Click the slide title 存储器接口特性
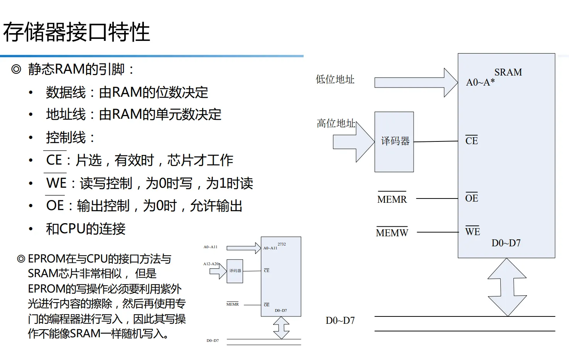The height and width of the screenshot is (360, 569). click(76, 32)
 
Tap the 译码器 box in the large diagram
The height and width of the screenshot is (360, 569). click(394, 141)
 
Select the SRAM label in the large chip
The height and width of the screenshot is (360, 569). click(508, 72)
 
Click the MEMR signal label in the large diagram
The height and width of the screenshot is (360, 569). click(392, 199)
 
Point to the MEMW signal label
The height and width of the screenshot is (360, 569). click(392, 233)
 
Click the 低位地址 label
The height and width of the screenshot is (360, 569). click(335, 79)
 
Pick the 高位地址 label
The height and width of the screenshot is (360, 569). click(336, 123)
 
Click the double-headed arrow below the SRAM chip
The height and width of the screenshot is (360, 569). click(507, 287)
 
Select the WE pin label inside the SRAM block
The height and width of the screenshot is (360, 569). click(472, 232)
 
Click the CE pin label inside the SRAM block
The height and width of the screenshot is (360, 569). click(471, 141)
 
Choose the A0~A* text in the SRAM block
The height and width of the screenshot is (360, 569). click(480, 82)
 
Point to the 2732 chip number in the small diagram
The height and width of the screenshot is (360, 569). click(282, 244)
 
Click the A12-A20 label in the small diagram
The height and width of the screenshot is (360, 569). click(211, 264)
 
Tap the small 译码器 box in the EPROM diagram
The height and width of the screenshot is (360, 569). click(235, 271)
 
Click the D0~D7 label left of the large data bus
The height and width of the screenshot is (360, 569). click(340, 321)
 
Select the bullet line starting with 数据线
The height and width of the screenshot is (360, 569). click(127, 93)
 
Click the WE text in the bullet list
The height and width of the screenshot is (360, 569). click(56, 183)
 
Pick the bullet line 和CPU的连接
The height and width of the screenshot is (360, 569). click(86, 229)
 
